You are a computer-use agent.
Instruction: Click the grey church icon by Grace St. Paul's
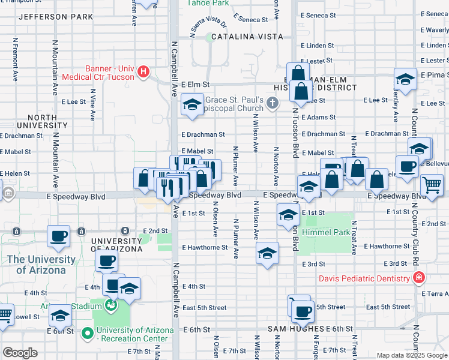click(x=273, y=103)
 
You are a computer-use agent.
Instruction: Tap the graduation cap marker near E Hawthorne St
click(x=267, y=253)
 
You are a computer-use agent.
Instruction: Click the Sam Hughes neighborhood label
click(x=296, y=329)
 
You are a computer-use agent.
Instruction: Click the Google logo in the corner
click(x=20, y=352)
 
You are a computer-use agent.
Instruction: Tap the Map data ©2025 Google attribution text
click(x=411, y=355)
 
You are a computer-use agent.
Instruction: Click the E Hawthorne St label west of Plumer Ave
click(x=205, y=247)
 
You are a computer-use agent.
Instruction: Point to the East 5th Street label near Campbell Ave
click(x=205, y=308)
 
